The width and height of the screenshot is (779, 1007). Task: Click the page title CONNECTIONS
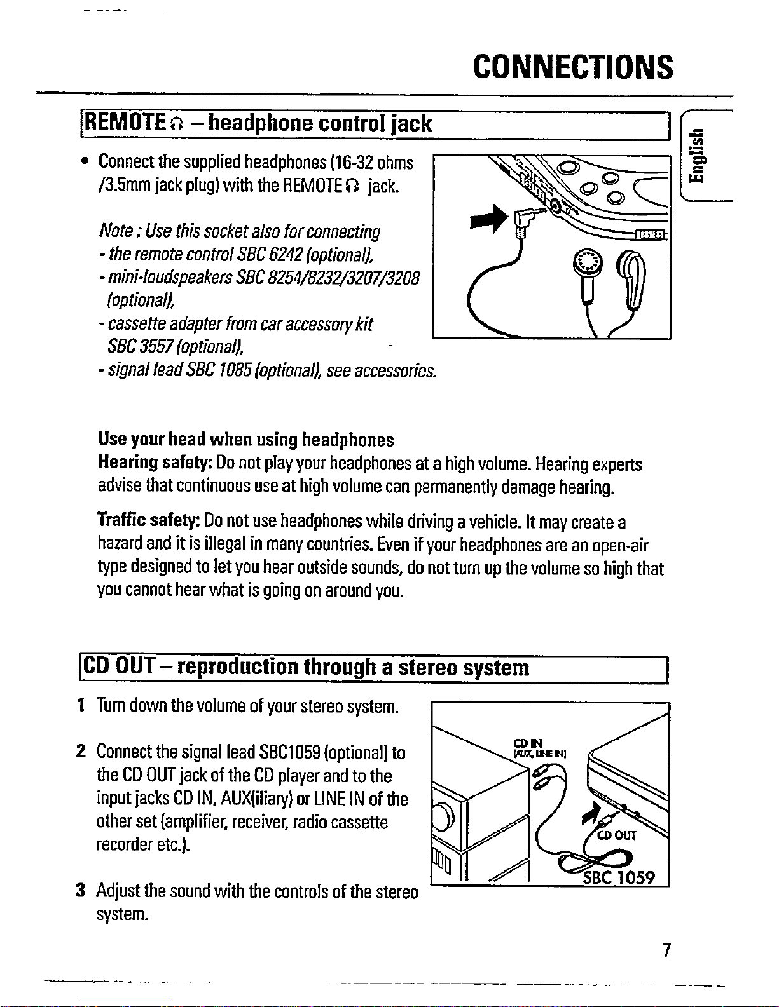click(573, 67)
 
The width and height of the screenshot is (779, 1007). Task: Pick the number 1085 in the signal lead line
click(224, 370)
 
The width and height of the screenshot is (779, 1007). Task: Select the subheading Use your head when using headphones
click(246, 440)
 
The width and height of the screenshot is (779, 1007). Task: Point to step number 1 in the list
click(81, 705)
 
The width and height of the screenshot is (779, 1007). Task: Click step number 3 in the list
click(81, 891)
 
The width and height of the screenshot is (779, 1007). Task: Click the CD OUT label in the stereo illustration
click(616, 835)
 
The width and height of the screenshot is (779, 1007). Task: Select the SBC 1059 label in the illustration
click(619, 877)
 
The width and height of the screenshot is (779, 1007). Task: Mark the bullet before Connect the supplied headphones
click(84, 163)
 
